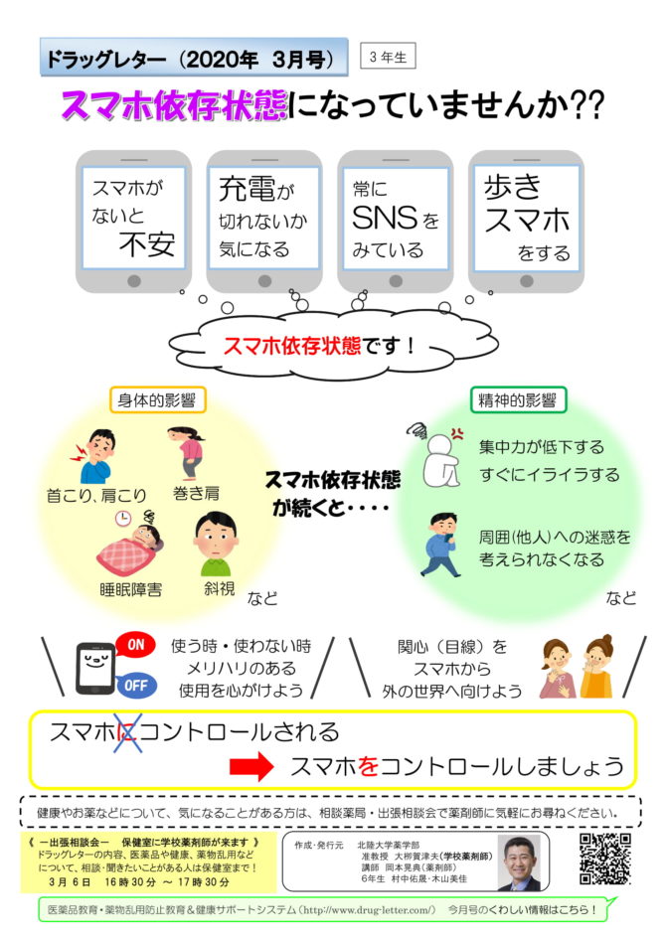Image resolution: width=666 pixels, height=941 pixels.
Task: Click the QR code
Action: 605,859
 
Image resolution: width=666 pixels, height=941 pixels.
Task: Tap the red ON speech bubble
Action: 135,645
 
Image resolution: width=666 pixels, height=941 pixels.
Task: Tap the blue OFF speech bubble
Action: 136,686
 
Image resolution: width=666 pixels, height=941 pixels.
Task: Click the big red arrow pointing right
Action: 251,766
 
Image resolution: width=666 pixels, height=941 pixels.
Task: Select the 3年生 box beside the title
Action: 388,57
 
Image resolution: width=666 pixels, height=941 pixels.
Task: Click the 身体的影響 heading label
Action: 157,400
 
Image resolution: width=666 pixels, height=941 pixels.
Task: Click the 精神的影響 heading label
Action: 518,400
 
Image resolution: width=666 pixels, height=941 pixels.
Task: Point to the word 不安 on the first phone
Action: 147,244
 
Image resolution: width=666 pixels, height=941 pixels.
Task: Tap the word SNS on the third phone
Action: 385,218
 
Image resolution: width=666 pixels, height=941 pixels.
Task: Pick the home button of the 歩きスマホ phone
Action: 527,281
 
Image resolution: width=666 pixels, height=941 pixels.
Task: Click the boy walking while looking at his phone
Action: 441,545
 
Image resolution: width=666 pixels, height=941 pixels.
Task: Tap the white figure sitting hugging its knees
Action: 441,460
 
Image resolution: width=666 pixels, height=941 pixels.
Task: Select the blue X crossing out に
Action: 128,732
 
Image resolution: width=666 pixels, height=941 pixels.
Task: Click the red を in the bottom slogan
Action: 368,766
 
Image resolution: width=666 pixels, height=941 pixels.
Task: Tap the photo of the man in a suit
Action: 520,863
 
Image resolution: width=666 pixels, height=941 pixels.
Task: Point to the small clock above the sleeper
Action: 123,518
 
